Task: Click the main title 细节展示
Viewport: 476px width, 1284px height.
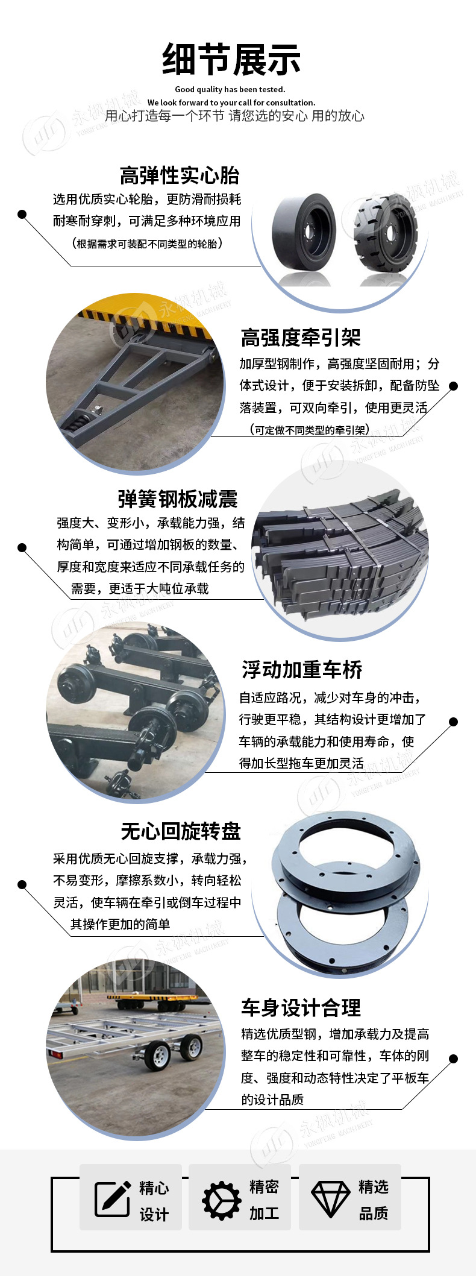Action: pos(231,60)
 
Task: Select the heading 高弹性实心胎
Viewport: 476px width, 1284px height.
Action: pos(180,175)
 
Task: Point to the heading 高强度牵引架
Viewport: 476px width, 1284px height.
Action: pos(301,338)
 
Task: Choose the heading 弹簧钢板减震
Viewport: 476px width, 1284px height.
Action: pos(178,499)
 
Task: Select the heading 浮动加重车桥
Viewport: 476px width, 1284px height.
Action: pos(302,670)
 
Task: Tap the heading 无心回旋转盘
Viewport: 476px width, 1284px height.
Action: pos(181,831)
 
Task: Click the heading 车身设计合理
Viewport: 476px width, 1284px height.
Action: pos(301,1007)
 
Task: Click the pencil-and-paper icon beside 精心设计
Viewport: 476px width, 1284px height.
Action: pos(113,1198)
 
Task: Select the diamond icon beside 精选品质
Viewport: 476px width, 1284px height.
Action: pos(330,1198)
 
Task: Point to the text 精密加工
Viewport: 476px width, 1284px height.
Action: pos(264,1200)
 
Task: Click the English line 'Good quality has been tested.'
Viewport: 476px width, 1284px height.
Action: pos(230,89)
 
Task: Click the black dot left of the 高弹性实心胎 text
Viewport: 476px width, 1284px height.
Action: pos(22,214)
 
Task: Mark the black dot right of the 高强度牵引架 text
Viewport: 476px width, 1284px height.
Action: pos(454,386)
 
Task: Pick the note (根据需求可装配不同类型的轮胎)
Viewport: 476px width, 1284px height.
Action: pos(146,244)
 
